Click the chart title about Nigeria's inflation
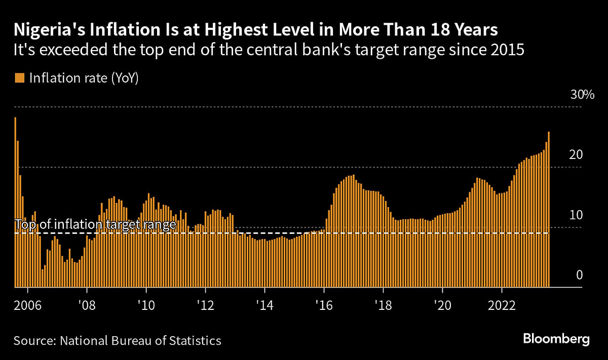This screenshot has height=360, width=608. (x=256, y=30)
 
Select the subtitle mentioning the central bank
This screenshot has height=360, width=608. (x=269, y=51)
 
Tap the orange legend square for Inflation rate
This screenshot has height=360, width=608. (x=19, y=78)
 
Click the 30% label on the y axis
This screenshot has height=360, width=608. (x=582, y=95)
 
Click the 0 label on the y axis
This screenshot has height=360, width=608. (x=580, y=275)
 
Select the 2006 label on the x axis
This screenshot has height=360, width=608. (x=28, y=306)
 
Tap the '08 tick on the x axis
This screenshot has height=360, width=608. (x=87, y=306)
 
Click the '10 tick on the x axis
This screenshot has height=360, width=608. (x=146, y=306)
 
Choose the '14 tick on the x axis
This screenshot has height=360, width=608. (x=264, y=306)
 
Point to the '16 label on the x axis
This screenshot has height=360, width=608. (x=324, y=306)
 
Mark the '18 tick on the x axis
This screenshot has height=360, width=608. (x=383, y=306)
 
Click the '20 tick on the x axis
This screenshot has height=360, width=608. (x=442, y=306)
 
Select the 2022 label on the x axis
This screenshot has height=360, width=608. (x=502, y=306)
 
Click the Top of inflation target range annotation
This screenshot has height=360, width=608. (x=95, y=224)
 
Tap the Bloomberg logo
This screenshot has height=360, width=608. (x=556, y=339)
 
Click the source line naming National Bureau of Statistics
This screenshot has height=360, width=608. (x=118, y=340)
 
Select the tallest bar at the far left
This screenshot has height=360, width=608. (x=15, y=203)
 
